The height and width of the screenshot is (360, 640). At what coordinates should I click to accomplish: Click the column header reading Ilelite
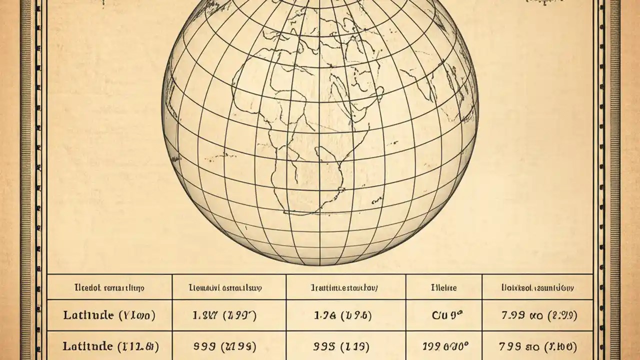click(x=443, y=288)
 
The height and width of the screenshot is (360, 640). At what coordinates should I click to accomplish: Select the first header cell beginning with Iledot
click(x=109, y=288)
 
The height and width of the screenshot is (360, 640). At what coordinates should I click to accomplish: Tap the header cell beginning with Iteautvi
click(x=228, y=288)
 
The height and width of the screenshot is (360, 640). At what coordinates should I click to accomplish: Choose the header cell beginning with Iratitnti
click(x=345, y=288)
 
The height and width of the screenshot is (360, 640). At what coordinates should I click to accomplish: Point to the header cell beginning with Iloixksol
click(x=537, y=288)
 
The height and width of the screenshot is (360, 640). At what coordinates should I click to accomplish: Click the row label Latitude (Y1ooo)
click(x=109, y=315)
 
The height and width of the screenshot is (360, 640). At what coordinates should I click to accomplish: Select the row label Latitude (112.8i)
click(x=109, y=346)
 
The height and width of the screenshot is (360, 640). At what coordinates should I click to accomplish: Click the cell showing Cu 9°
click(x=443, y=315)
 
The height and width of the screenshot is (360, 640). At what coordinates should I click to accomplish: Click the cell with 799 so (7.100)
click(x=537, y=346)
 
